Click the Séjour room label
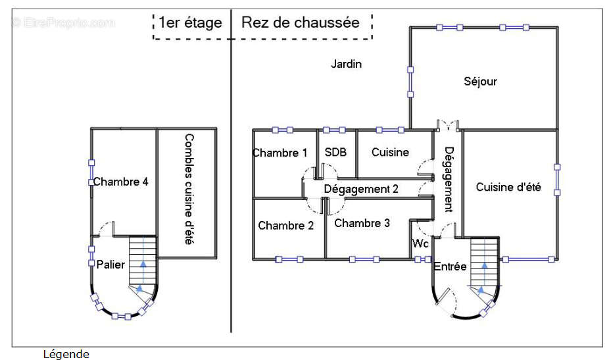click(x=480, y=82)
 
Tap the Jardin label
click(x=346, y=64)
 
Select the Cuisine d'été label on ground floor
click(x=508, y=187)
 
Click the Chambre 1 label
click(x=280, y=153)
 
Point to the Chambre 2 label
click(x=285, y=226)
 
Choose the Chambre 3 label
click(x=362, y=223)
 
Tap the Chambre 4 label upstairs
click(x=120, y=182)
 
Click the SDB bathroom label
click(x=335, y=152)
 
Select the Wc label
click(x=421, y=244)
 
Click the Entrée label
click(x=450, y=267)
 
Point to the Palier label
click(x=110, y=265)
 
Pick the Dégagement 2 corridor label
click(x=361, y=189)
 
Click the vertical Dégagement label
click(x=448, y=178)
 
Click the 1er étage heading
click(x=190, y=22)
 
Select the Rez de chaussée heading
click(x=301, y=22)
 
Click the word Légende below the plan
click(x=66, y=354)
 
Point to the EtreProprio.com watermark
click(x=63, y=22)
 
